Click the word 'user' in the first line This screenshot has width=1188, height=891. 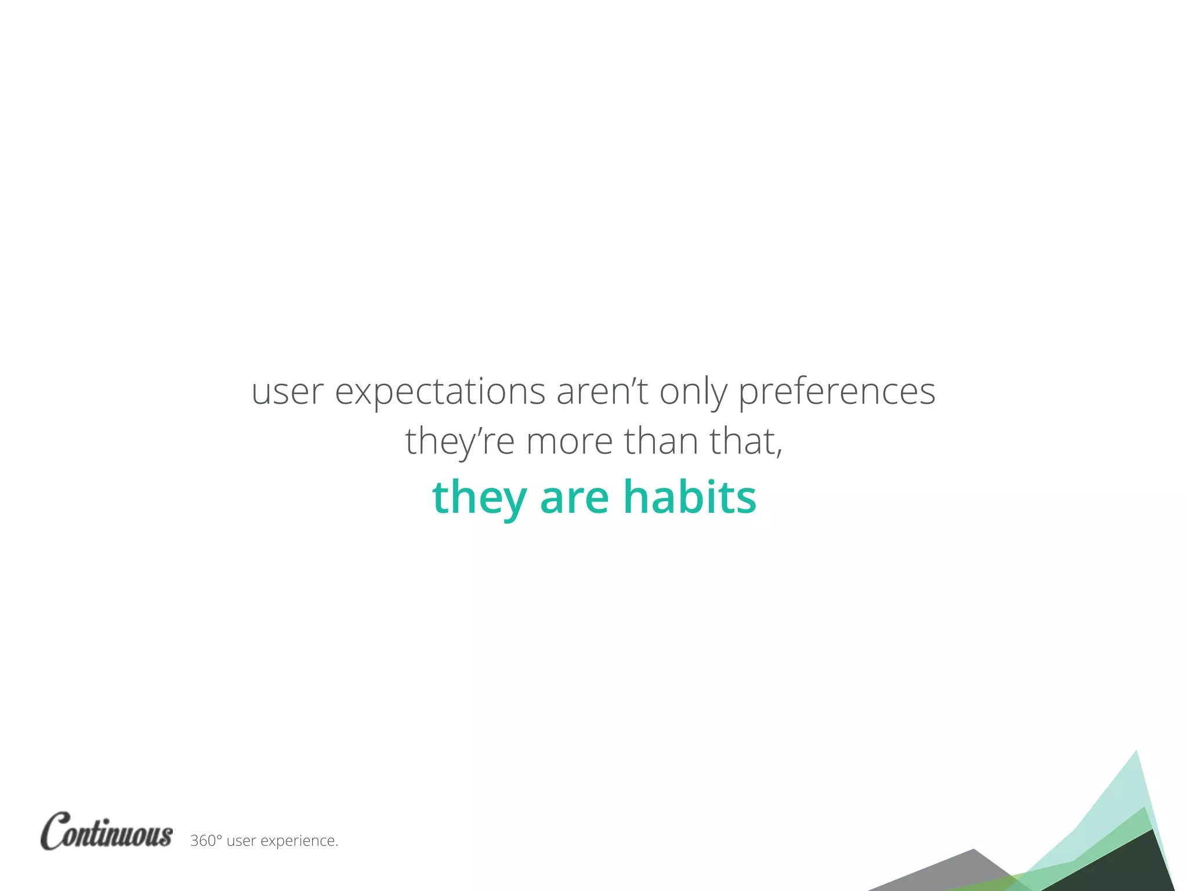pos(287,393)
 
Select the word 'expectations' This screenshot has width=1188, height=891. pos(440,393)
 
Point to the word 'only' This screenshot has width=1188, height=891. pos(693,393)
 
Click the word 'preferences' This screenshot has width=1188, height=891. pos(836,393)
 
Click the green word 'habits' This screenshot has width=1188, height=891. pos(690,497)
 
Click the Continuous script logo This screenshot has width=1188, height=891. pos(107,832)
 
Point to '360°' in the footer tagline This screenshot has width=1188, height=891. pos(206,841)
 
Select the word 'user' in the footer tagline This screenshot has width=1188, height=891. pos(241,841)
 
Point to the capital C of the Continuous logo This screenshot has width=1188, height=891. pos(57,831)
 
